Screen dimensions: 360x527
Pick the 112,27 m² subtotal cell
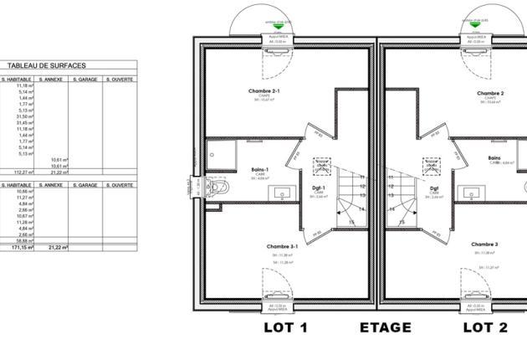click(x=20, y=172)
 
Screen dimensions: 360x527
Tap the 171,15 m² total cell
click(x=20, y=248)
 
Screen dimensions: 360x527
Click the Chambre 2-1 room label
click(x=264, y=91)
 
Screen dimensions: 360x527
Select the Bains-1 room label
click(x=260, y=170)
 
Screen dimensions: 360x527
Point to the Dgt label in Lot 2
click(x=435, y=189)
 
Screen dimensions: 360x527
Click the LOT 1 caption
click(x=286, y=327)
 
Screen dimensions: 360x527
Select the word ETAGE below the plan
click(x=386, y=327)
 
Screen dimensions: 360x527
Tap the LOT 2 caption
click(x=485, y=327)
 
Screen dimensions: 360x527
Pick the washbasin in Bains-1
click(x=282, y=193)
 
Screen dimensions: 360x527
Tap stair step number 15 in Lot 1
click(x=351, y=222)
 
